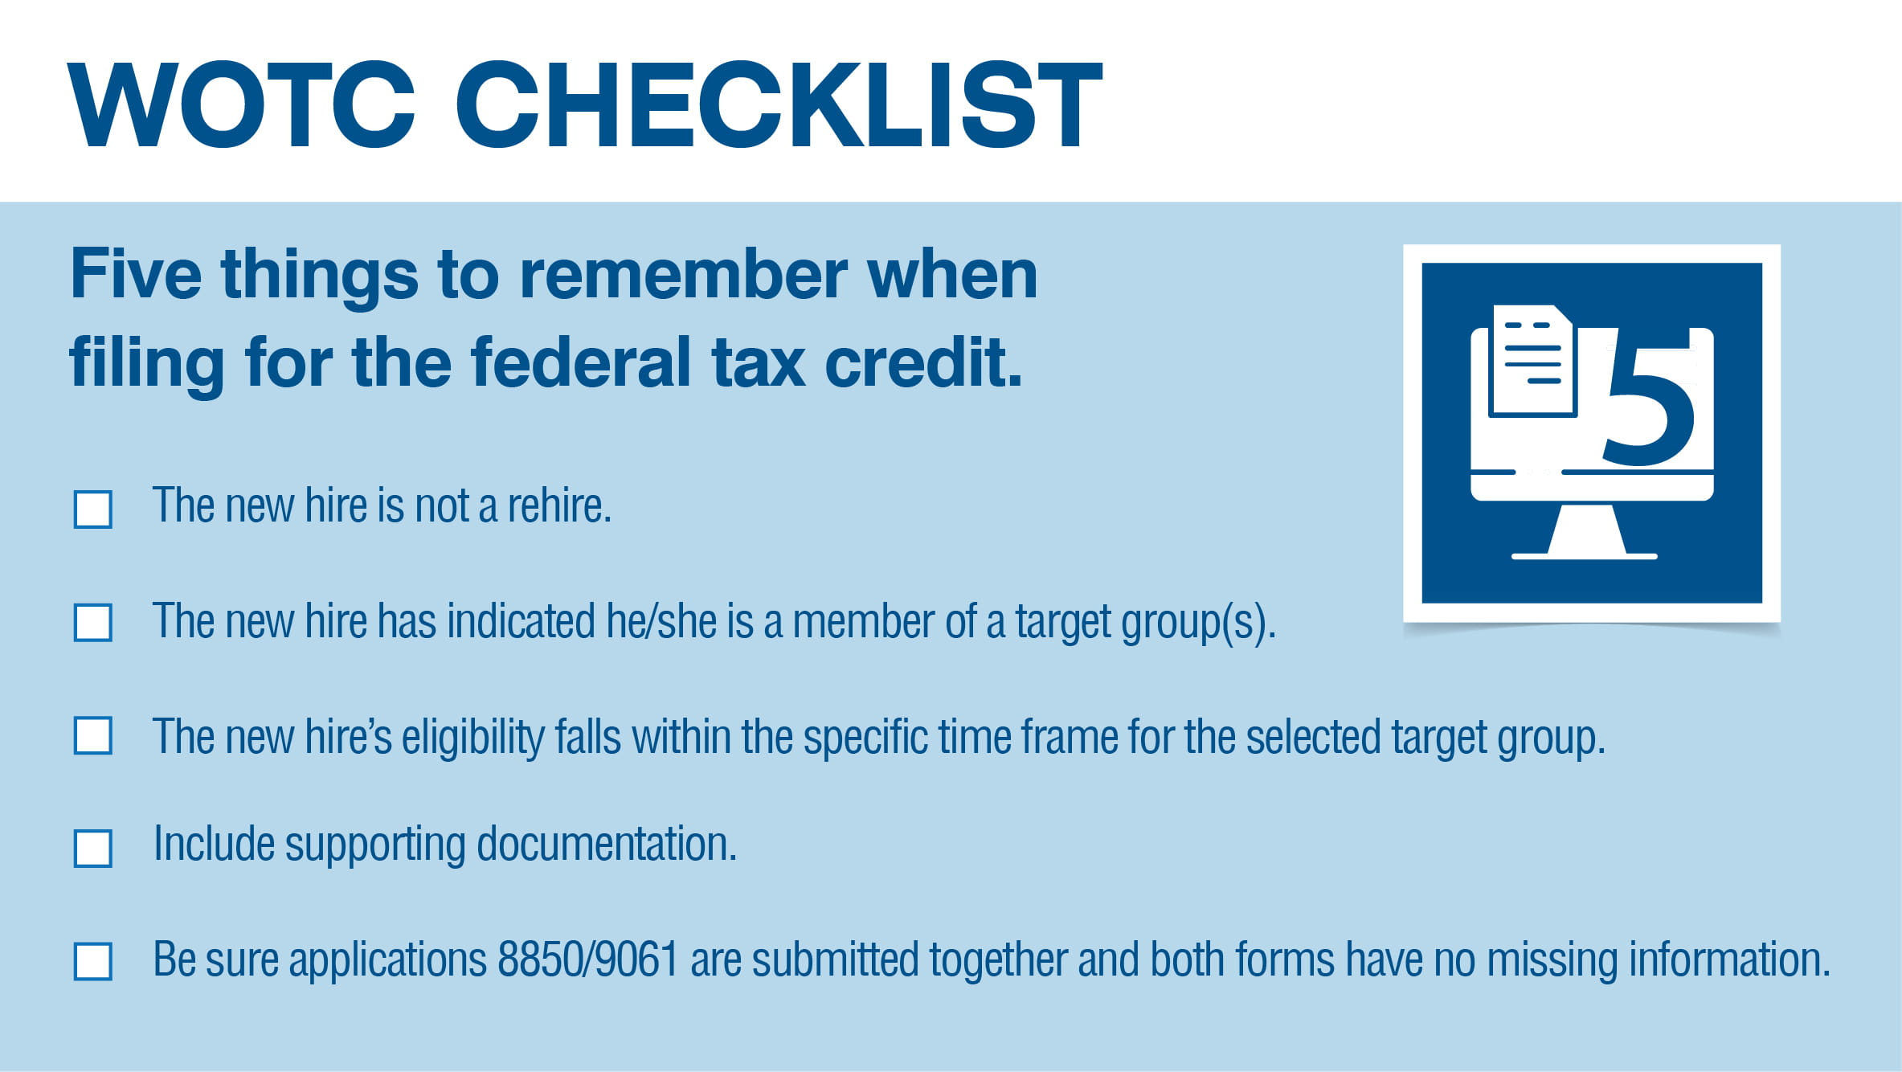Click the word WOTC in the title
(x=242, y=104)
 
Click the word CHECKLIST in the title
(x=779, y=104)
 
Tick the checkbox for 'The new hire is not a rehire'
(x=93, y=509)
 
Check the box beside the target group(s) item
(x=93, y=623)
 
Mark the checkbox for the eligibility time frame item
(x=93, y=735)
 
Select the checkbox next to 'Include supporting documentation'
(x=93, y=849)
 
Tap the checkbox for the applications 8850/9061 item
(x=93, y=962)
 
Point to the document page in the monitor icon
(x=1532, y=361)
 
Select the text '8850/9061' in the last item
(x=588, y=959)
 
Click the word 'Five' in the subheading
(x=136, y=275)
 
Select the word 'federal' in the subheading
(x=581, y=363)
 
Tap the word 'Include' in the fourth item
(x=214, y=845)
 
